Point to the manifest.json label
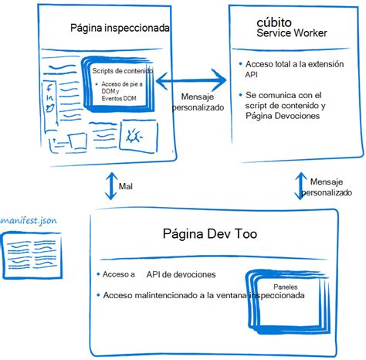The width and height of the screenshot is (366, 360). click(29, 221)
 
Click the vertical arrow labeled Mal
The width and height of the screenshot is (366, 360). click(110, 185)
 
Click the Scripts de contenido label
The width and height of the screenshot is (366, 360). click(121, 71)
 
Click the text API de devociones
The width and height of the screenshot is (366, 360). click(184, 274)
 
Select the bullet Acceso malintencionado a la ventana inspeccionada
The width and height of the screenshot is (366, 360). click(198, 295)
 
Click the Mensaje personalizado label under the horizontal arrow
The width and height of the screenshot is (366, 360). click(202, 102)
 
